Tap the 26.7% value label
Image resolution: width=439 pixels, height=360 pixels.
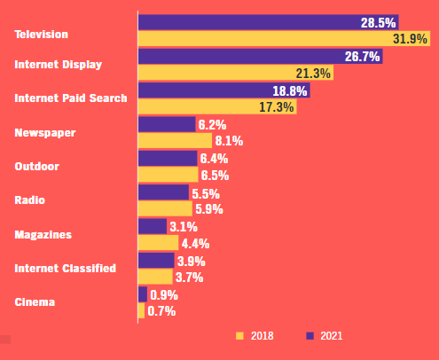(x=362, y=57)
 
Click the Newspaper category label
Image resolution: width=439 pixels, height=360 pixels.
(x=44, y=133)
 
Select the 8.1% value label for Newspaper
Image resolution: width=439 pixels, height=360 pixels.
(x=228, y=141)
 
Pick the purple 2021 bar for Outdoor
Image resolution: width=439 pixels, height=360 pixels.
(x=168, y=158)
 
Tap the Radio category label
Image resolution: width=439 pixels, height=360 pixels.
(x=29, y=200)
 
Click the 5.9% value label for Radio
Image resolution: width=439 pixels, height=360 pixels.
(x=208, y=209)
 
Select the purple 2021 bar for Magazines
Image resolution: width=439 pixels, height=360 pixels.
(x=153, y=226)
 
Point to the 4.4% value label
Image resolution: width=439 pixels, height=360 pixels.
(x=195, y=243)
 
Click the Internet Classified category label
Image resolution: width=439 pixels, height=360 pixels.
(x=65, y=268)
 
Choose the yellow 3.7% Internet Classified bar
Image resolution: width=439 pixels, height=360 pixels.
(x=155, y=277)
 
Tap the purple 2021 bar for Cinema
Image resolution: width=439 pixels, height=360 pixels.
(x=143, y=294)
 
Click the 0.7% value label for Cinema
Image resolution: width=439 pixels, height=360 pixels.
(x=161, y=311)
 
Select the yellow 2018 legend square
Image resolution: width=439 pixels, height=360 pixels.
(x=239, y=336)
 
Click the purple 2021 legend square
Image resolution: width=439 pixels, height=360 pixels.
(x=310, y=336)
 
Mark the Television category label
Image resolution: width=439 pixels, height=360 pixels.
(x=41, y=35)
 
